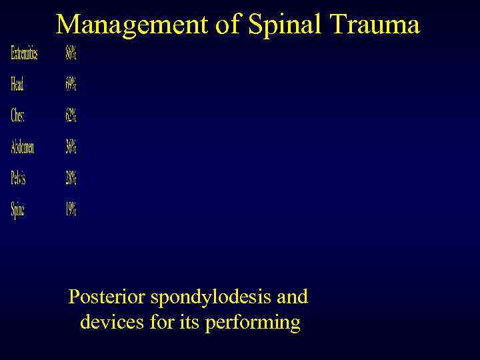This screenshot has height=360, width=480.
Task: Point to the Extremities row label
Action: [24, 54]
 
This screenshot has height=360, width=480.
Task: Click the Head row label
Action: [17, 85]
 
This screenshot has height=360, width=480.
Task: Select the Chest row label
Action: [18, 115]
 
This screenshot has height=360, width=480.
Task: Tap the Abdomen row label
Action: [23, 147]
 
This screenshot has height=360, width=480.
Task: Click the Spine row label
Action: [18, 209]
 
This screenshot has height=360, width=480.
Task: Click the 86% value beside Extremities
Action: [71, 54]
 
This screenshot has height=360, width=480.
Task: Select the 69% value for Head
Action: [71, 85]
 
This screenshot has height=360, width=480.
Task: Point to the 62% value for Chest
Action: [71, 115]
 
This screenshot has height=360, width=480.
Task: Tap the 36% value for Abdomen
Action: [71, 147]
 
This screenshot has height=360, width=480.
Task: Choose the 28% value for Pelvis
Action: [71, 178]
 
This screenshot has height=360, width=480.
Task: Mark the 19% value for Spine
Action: [71, 209]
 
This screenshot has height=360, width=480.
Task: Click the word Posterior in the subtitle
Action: [107, 297]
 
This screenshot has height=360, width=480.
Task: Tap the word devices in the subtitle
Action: [109, 323]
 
